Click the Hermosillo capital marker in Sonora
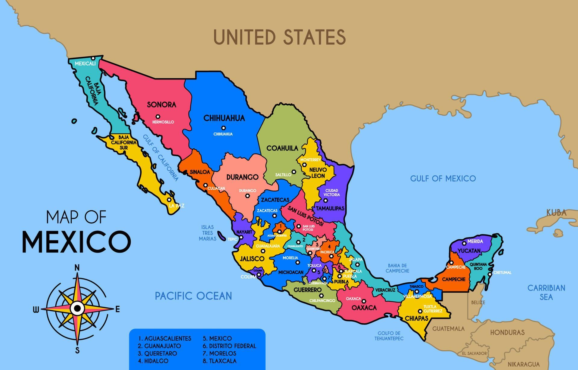pos(158,117)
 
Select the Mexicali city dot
pos(93,58)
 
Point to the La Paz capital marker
pos(169,200)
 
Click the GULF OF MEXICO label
pos(443,179)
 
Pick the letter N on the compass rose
pos(77,268)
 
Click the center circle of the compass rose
pos(77,308)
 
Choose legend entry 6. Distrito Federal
pos(229,346)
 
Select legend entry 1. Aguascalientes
pos(165,338)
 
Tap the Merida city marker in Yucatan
pos(464,243)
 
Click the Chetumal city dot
pos(490,274)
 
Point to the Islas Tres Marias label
pos(207,233)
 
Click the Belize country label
pos(478,302)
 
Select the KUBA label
pos(556,213)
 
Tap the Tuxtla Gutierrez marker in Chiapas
pos(420,311)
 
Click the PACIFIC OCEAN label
pos(193,296)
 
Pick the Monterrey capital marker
pos(304,165)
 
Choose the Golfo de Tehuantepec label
pos(389,336)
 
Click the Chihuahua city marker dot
pos(223,128)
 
